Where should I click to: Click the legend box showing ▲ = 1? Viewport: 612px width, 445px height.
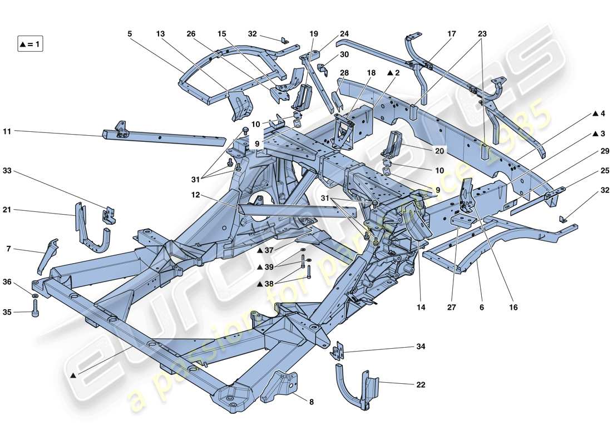coord(30,43)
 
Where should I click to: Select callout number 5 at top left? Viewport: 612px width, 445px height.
coord(130,34)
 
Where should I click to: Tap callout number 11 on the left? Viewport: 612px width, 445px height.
coord(7,131)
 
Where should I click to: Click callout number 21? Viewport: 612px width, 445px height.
coord(7,210)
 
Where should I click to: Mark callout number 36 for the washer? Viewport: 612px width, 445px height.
coord(7,282)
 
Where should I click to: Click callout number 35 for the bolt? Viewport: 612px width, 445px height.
coord(7,313)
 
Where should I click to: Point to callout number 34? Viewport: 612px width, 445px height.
coord(421,347)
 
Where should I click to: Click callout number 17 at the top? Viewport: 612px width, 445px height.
coord(451,34)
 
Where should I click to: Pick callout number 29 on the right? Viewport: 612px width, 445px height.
coord(605,151)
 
